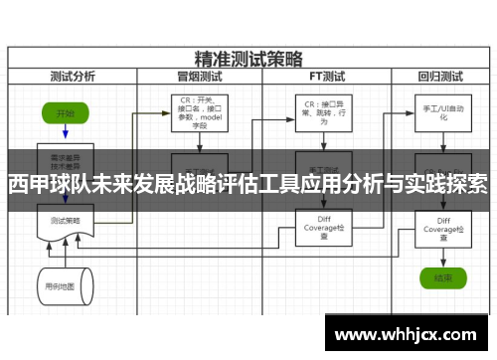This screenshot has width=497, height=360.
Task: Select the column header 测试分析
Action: pos(72,75)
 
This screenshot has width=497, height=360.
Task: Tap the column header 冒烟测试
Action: pos(199,75)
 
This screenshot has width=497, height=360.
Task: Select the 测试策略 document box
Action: pos(66,221)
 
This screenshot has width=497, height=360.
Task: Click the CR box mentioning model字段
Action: pos(200,112)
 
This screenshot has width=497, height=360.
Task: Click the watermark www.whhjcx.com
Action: pos(410,331)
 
